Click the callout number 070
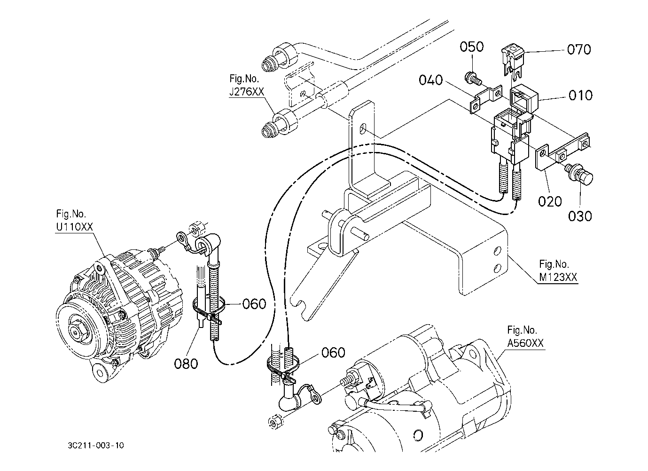[x=579, y=49]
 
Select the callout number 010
[x=580, y=96]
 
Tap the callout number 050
[x=471, y=47]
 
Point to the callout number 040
[x=431, y=80]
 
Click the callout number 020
[x=550, y=201]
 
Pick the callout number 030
[x=580, y=216]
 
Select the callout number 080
[x=186, y=364]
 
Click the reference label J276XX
[x=247, y=92]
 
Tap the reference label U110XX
[x=74, y=227]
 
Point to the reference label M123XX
[x=558, y=277]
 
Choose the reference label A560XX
[x=525, y=343]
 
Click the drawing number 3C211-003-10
[x=96, y=445]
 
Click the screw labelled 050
[x=472, y=78]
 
